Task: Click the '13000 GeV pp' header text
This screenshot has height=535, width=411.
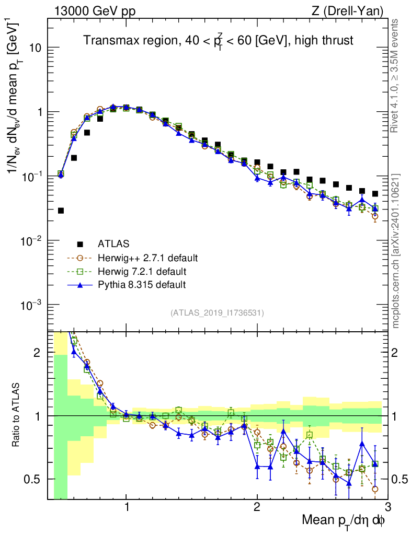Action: (x=94, y=10)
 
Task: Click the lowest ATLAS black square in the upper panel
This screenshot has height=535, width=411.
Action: (x=61, y=211)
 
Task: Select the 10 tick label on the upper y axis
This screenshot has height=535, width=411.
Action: (x=35, y=48)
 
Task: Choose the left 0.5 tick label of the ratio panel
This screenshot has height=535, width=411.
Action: (x=35, y=479)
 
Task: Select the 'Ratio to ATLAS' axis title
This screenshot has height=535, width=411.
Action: (x=16, y=415)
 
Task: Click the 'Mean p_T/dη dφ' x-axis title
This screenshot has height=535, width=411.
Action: (x=345, y=521)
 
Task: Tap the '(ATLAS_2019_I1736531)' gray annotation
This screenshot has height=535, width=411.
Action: (x=217, y=313)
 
